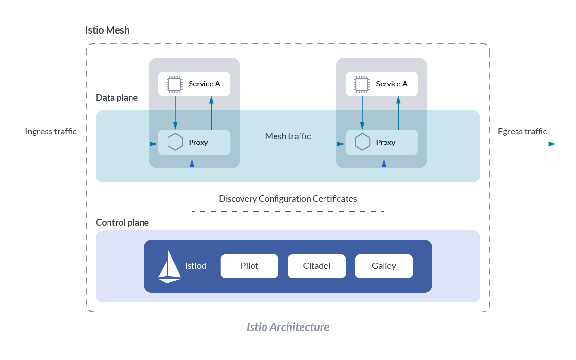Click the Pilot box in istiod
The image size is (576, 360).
249,266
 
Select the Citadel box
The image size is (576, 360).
316,266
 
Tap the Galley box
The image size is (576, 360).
384,266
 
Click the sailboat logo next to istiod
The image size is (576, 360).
169,266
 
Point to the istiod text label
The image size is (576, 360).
196,265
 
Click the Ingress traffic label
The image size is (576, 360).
51,132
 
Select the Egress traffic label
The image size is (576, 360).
522,132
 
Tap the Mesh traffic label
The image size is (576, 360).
288,136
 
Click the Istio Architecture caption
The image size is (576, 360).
288,327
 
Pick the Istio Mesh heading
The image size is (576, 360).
107,30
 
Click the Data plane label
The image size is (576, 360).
117,98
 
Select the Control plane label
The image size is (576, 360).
122,223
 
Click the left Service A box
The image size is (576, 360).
194,84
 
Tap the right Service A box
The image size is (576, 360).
382,84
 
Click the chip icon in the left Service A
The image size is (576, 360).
174,84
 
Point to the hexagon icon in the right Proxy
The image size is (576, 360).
362,142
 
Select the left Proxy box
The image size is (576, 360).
194,142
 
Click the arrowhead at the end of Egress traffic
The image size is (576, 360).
553,144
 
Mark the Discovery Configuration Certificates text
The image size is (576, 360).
288,199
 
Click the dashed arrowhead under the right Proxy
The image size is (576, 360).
384,163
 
